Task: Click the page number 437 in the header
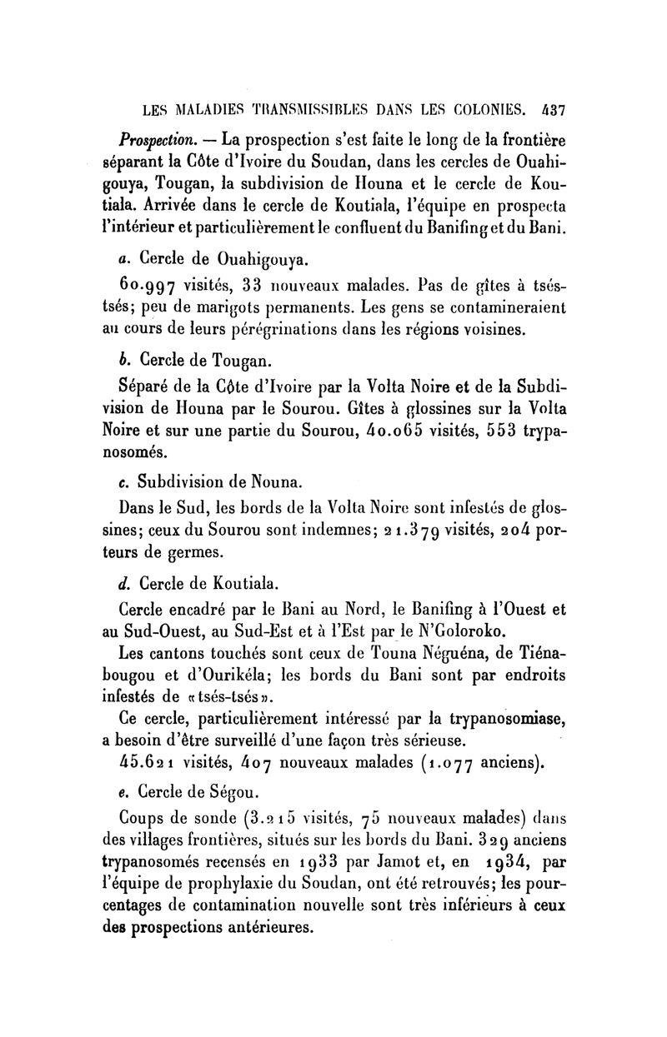[x=551, y=108]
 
